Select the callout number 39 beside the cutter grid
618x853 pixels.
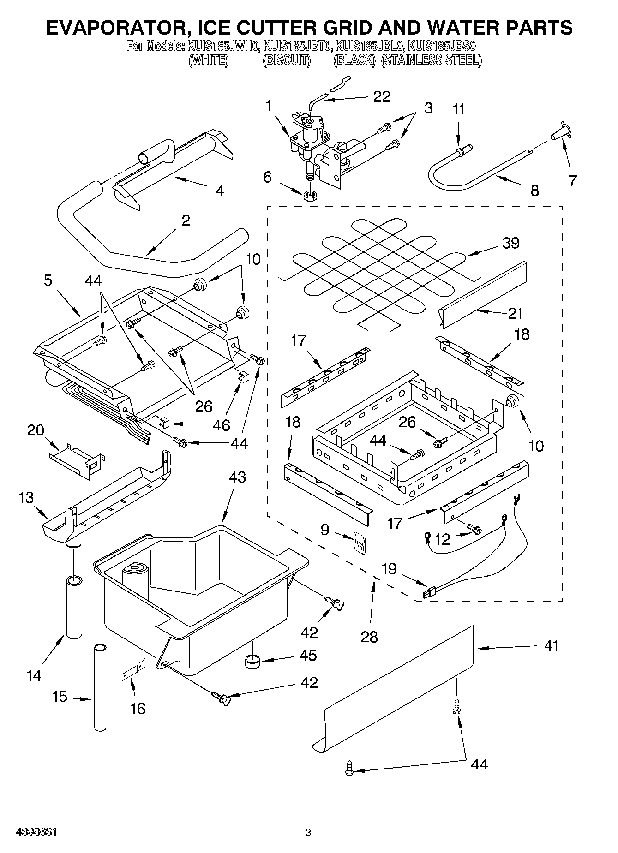pyautogui.click(x=510, y=243)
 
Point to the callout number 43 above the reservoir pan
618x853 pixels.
pyautogui.click(x=237, y=477)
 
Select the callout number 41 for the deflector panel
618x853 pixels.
pyautogui.click(x=551, y=645)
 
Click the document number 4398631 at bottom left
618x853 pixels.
pyautogui.click(x=36, y=833)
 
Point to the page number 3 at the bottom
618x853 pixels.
pyautogui.click(x=308, y=833)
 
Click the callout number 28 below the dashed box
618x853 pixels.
pyautogui.click(x=369, y=637)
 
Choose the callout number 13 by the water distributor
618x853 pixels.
pyautogui.click(x=26, y=498)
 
